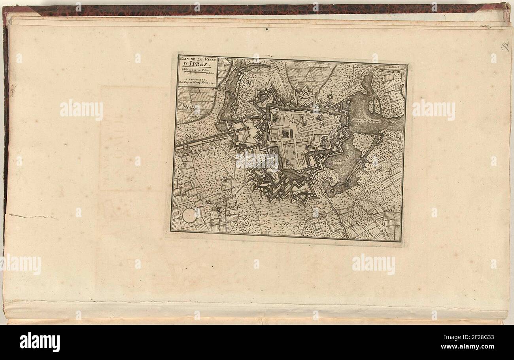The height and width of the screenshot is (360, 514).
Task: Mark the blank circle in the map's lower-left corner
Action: (190, 215)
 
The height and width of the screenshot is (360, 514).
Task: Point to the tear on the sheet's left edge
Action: (32, 216)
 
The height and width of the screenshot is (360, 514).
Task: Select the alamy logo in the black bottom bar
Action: (40, 342)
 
